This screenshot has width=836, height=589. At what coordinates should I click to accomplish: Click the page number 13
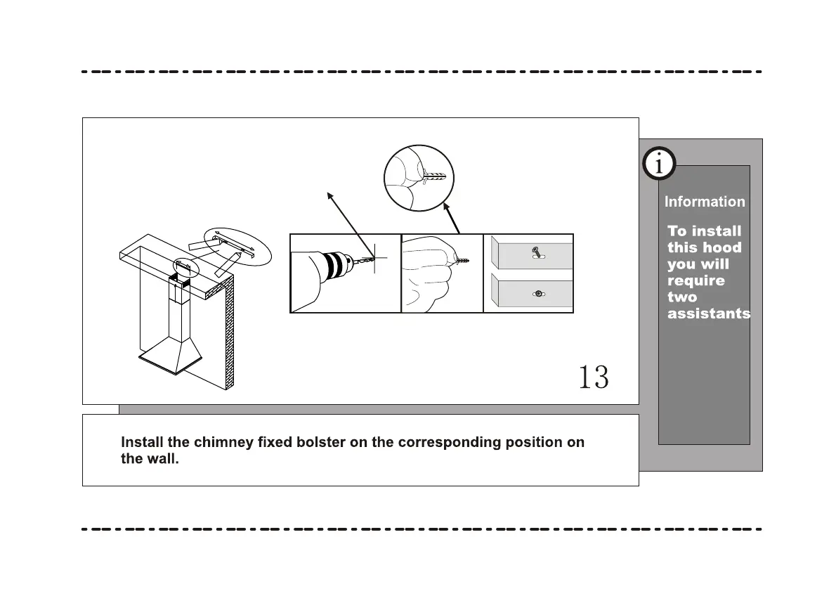(594, 377)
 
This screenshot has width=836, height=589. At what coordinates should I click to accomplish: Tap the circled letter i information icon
(658, 164)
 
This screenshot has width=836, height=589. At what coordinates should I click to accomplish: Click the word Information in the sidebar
(705, 202)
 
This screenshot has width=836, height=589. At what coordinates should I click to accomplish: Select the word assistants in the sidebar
(709, 314)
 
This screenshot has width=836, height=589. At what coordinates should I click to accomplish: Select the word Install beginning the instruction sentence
(143, 443)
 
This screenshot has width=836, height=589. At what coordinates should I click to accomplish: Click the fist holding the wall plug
(429, 271)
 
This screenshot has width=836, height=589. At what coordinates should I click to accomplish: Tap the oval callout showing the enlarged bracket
(236, 245)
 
